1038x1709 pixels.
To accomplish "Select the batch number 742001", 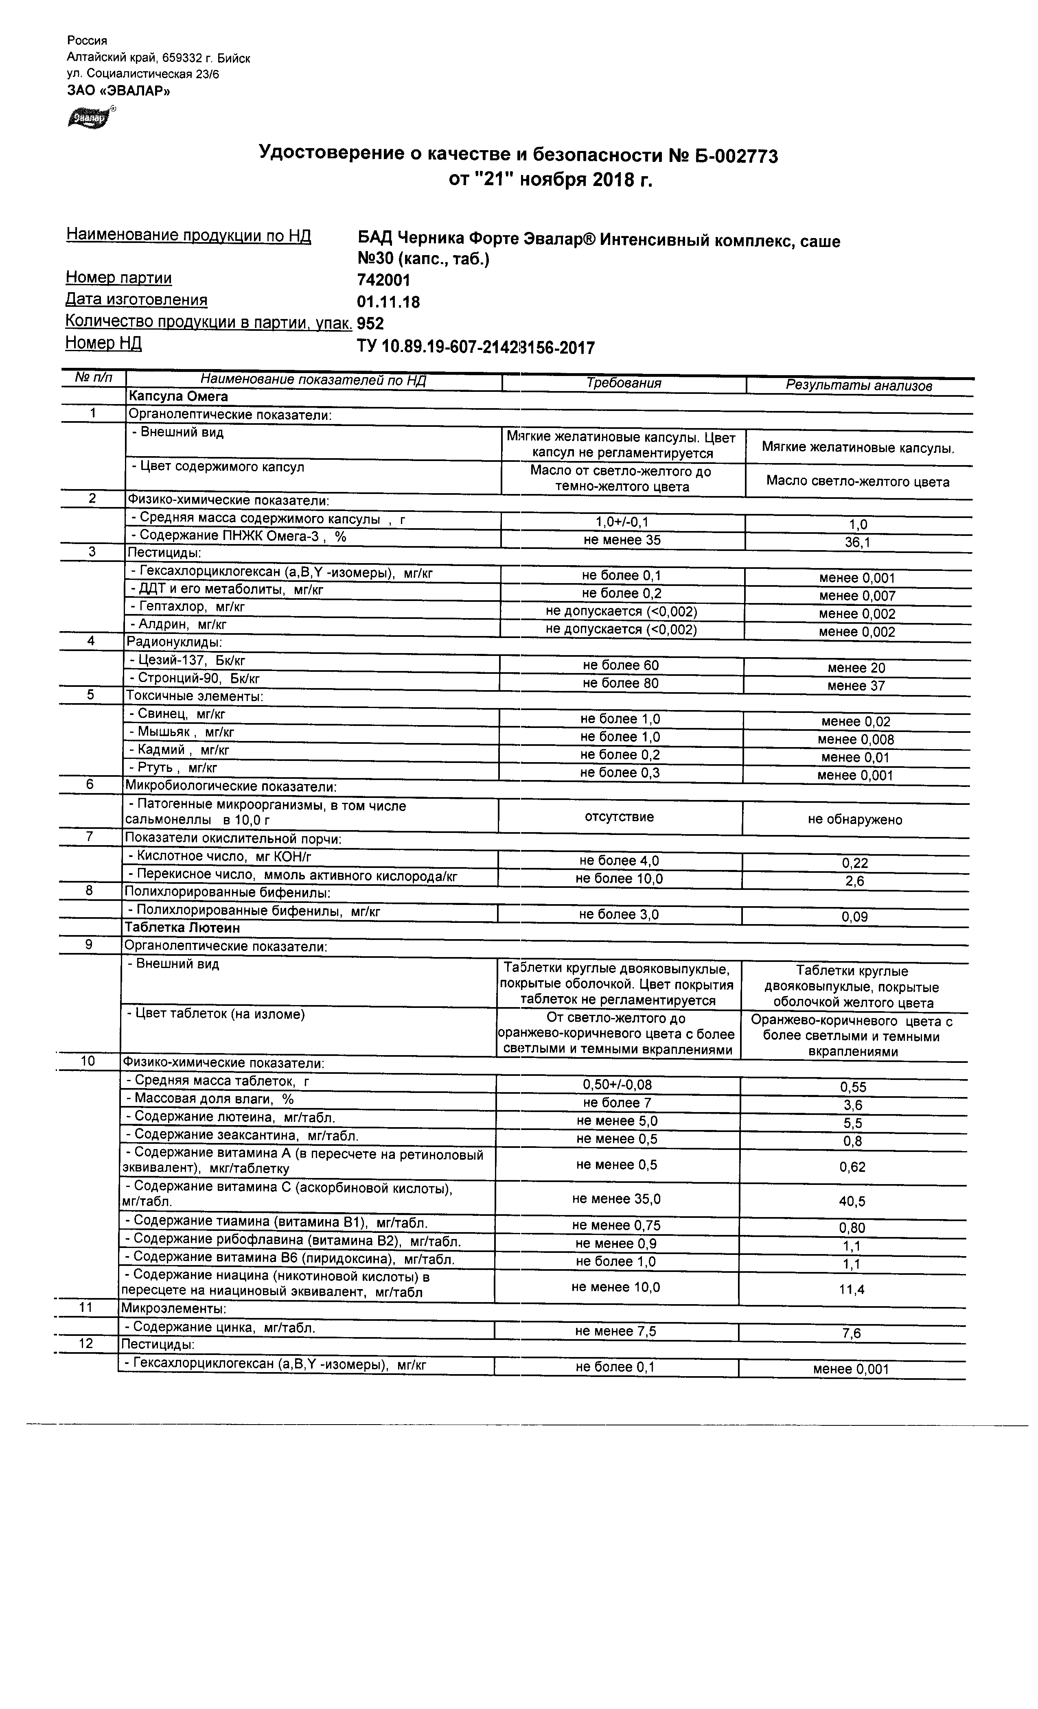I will pyautogui.click(x=383, y=280).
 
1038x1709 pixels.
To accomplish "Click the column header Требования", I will pyautogui.click(x=623, y=383).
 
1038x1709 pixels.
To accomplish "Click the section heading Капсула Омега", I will pyautogui.click(x=177, y=396).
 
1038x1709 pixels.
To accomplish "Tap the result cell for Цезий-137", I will pyautogui.click(x=856, y=668).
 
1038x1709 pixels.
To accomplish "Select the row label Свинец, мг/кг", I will pyautogui.click(x=177, y=714).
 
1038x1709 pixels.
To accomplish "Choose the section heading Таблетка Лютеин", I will pyautogui.click(x=182, y=927).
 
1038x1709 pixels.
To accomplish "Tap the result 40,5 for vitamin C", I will pyautogui.click(x=852, y=1201).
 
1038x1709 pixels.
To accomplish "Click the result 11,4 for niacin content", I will pyautogui.click(x=852, y=1289).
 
